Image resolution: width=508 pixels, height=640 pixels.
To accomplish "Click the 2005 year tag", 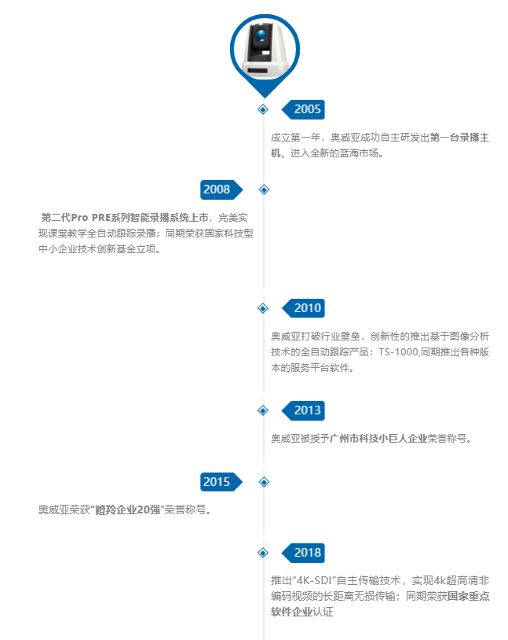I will click(306, 109).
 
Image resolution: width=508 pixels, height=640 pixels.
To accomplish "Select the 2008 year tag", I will click(217, 189).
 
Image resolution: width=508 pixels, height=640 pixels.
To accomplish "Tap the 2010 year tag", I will click(306, 308).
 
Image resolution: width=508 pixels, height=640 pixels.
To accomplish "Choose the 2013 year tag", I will click(306, 410).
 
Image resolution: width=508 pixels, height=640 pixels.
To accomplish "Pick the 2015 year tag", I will click(217, 482).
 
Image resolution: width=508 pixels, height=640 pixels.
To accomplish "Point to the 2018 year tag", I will click(306, 553).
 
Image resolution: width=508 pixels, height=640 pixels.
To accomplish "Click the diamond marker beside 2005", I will click(264, 109).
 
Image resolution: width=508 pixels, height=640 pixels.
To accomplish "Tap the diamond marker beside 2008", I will click(264, 189).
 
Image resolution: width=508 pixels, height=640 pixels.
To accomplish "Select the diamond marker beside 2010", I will click(264, 308).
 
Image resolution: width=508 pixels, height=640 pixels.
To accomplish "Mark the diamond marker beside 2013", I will click(264, 410).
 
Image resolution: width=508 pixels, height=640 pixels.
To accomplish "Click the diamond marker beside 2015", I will click(264, 482).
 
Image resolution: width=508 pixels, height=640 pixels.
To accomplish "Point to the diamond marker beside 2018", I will click(264, 553).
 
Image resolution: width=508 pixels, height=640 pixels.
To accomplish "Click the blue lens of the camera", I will click(262, 40).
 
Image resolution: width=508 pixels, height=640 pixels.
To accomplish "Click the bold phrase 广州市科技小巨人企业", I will click(378, 439).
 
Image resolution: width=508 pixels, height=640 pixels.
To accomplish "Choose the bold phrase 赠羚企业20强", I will click(128, 510).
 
